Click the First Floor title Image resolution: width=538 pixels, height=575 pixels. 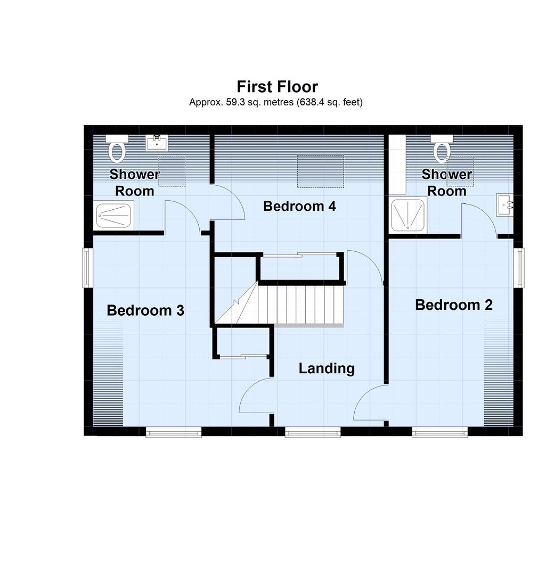277,86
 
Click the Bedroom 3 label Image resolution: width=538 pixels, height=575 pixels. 145,310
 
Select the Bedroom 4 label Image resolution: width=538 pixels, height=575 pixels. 299,206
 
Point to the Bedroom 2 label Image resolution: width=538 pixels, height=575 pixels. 454,305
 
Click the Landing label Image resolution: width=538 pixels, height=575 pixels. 326,368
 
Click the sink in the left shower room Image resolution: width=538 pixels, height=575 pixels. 157,143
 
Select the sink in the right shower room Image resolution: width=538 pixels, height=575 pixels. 505,204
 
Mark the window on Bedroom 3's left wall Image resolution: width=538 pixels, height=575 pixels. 88,268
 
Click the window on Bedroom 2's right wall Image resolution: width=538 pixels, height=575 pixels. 519,268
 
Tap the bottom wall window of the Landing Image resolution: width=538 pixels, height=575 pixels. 313,432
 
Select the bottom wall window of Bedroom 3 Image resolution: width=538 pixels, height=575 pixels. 174,432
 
